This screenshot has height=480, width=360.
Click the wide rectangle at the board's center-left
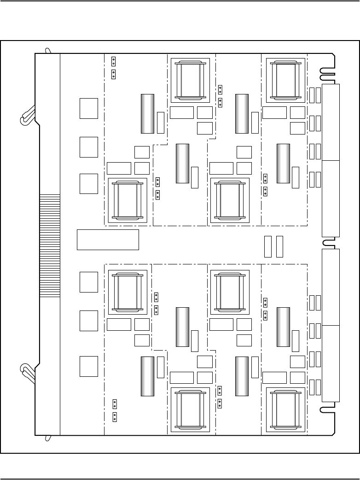[108, 239]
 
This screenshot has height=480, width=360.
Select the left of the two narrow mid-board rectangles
[268, 246]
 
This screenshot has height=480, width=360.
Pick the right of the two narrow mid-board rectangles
[279, 246]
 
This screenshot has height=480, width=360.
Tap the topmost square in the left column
[88, 108]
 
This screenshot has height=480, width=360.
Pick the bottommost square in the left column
[88, 366]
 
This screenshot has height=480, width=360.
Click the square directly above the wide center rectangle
[88, 183]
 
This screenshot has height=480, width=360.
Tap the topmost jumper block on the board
[114, 61]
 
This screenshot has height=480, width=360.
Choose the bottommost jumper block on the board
[114, 417]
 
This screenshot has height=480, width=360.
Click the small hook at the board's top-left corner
[47, 50]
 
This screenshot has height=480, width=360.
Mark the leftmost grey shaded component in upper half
[147, 114]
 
